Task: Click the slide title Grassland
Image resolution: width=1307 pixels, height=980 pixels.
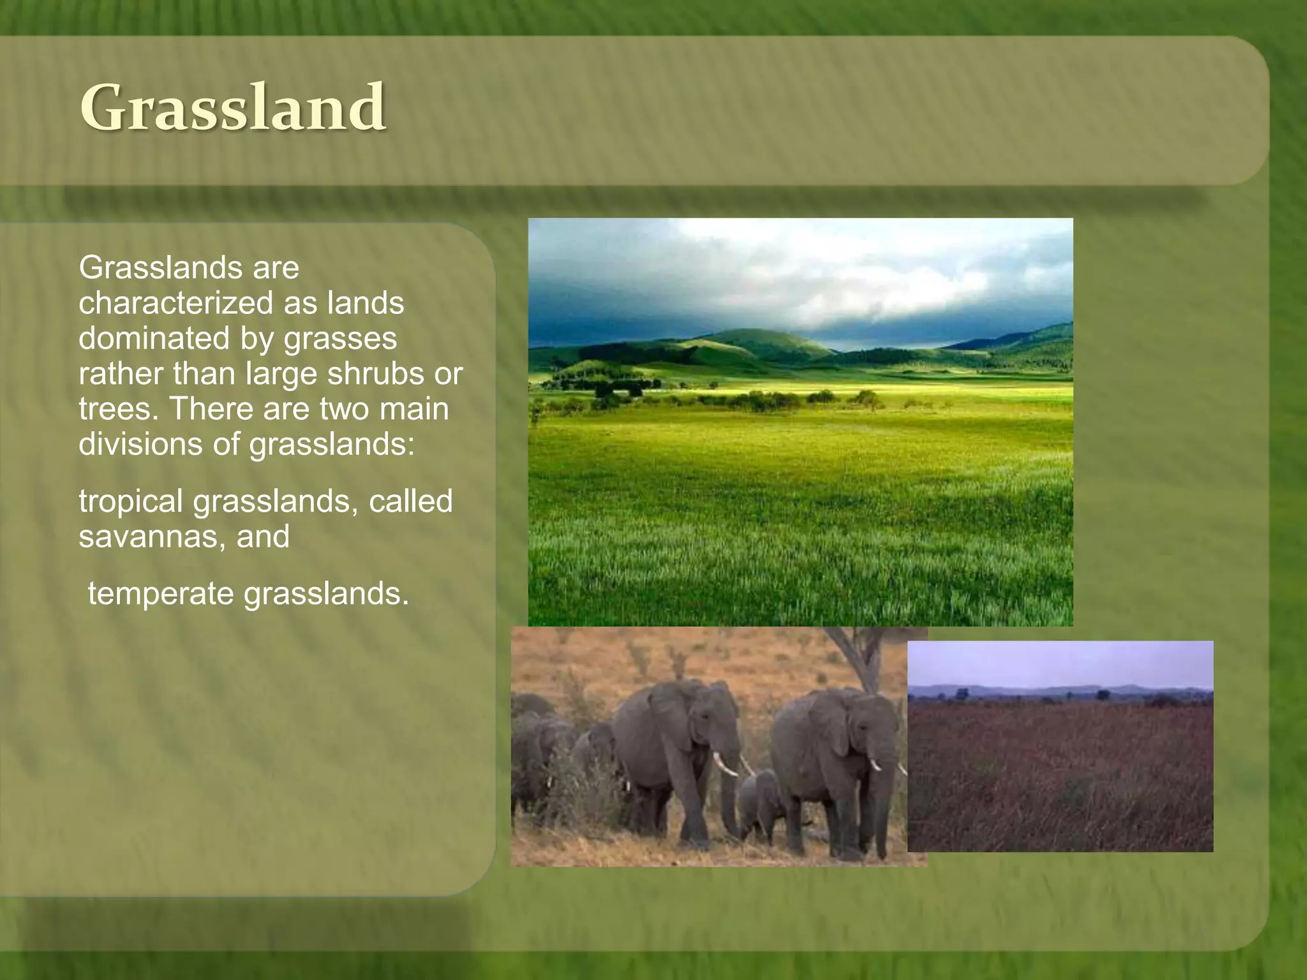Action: pos(233,107)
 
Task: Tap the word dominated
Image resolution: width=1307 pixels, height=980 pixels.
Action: pos(153,338)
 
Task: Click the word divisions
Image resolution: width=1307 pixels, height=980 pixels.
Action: pos(140,444)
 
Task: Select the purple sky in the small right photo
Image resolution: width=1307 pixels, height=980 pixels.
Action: pos(1059,664)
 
